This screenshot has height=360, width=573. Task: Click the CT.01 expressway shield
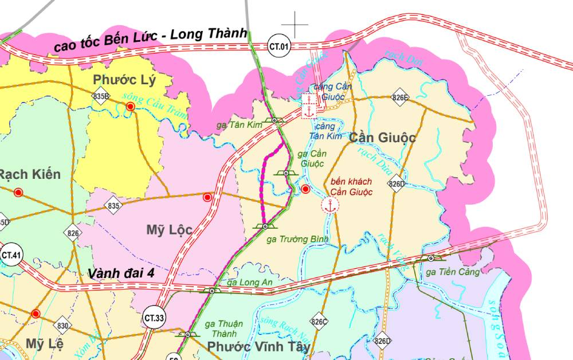280,46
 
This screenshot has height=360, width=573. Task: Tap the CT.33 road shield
154,317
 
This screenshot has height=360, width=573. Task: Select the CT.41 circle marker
11,256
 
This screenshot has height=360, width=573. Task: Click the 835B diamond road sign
101,96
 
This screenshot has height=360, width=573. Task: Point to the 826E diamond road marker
400,98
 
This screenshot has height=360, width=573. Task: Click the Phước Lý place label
124,79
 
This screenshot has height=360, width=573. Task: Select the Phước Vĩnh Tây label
258,347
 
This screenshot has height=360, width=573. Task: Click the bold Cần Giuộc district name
382,138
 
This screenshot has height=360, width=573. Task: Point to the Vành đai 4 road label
121,273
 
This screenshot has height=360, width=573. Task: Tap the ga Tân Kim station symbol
275,120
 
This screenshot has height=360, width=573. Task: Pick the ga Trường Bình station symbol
265,226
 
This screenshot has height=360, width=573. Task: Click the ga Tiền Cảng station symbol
430,259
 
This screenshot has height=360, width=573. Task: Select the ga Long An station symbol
213,291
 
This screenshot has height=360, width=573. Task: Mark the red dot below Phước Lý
131,107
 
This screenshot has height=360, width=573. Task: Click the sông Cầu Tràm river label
155,105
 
